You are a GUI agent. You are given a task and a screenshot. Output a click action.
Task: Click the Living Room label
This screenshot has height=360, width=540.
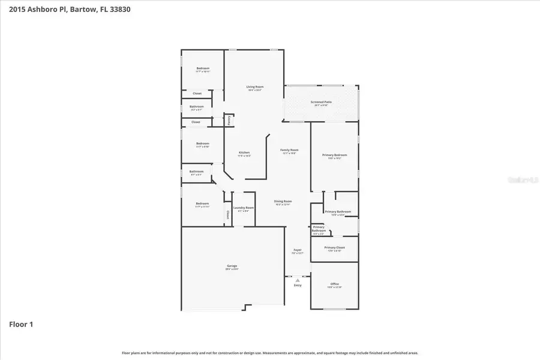pyautogui.click(x=254, y=87)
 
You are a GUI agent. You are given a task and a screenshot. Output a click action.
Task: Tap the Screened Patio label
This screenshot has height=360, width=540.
pyautogui.click(x=321, y=102)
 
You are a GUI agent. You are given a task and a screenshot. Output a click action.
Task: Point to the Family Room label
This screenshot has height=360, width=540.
pyautogui.click(x=289, y=150)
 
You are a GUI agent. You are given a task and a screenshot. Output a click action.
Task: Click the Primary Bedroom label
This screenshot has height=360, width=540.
pyautogui.click(x=334, y=155)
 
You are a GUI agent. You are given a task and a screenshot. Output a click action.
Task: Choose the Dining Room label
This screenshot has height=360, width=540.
pyautogui.click(x=283, y=201)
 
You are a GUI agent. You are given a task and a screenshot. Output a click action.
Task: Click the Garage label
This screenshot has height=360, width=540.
pyautogui.click(x=232, y=266)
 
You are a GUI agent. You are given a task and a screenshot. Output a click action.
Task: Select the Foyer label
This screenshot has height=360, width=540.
pyautogui.click(x=297, y=250)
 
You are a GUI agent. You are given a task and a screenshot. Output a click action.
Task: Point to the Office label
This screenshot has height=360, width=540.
pyautogui.click(x=334, y=284)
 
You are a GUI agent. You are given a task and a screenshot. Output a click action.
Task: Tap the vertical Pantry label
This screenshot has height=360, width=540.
pyautogui.click(x=229, y=120)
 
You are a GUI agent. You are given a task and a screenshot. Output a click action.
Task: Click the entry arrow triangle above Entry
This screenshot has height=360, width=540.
pyautogui.click(x=298, y=280)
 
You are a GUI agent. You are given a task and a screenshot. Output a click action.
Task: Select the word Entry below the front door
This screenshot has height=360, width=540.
pyautogui.click(x=298, y=286)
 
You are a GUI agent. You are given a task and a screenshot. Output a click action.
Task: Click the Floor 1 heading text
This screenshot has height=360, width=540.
pyautogui.click(x=21, y=325)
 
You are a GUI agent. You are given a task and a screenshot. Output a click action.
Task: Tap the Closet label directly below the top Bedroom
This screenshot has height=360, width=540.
pyautogui.click(x=197, y=94)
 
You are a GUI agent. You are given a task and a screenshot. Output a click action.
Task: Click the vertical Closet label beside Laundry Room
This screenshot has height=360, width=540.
pyautogui.click(x=228, y=214)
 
